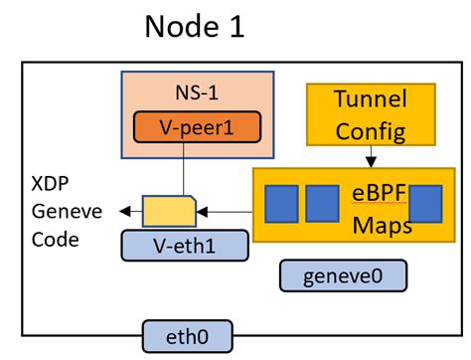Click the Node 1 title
(194, 28)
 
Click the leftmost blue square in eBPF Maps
(281, 202)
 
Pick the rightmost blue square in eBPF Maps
(424, 202)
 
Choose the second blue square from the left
(321, 202)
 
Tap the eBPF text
(374, 191)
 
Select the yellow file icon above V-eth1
(169, 210)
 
